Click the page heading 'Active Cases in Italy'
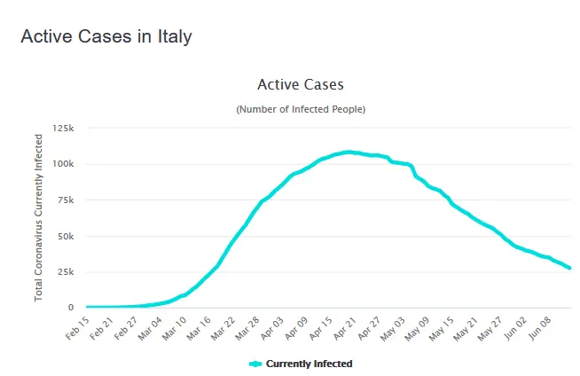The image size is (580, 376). [106, 36]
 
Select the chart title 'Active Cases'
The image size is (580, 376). [300, 85]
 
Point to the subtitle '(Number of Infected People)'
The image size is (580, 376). [300, 109]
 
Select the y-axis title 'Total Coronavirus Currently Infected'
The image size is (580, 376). [40, 217]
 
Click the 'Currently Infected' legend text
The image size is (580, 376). [309, 364]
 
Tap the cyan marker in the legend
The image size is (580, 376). [255, 364]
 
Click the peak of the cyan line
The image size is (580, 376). [349, 152]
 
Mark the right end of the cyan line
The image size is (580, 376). [569, 268]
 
